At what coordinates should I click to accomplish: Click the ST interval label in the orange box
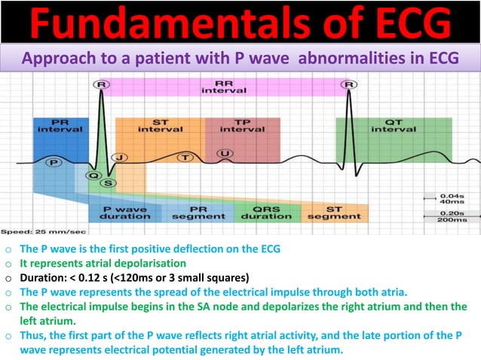click(159, 125)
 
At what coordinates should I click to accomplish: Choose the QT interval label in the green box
click(393, 125)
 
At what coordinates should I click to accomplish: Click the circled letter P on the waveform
click(53, 162)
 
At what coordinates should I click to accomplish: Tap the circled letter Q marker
click(93, 175)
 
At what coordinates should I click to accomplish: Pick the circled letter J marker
click(119, 158)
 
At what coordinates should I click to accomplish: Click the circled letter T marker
click(185, 157)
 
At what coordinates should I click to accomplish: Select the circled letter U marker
click(224, 154)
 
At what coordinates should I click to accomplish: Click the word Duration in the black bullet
click(45, 276)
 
